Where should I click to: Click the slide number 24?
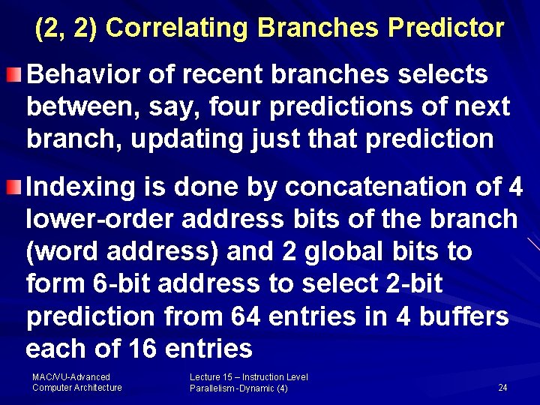click(502, 388)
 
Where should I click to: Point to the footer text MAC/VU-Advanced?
click(71, 377)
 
